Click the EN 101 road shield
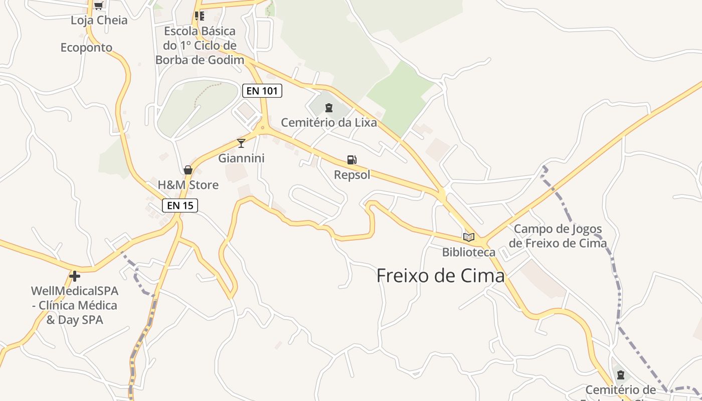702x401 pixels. [x=262, y=91]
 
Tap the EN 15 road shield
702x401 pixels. [x=180, y=205]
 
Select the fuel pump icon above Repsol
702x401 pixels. [x=352, y=160]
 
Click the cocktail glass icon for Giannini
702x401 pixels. [x=241, y=143]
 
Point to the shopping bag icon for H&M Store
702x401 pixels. [x=188, y=170]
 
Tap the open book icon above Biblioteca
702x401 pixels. [x=469, y=237]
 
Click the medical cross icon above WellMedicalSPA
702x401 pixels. [x=75, y=276]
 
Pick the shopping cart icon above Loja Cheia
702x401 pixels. [x=99, y=6]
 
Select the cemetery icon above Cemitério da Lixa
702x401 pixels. [x=329, y=107]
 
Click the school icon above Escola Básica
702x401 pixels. [x=200, y=16]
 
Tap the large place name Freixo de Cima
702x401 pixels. [x=440, y=276]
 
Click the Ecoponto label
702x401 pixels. [x=86, y=48]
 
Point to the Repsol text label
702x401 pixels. [x=352, y=175]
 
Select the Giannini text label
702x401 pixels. [x=241, y=158]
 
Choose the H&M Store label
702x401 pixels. [x=188, y=185]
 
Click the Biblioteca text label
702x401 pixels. [x=468, y=252]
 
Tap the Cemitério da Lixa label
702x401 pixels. [x=328, y=122]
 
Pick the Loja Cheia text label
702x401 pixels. [x=99, y=21]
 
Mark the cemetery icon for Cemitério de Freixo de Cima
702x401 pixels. [x=621, y=374]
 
